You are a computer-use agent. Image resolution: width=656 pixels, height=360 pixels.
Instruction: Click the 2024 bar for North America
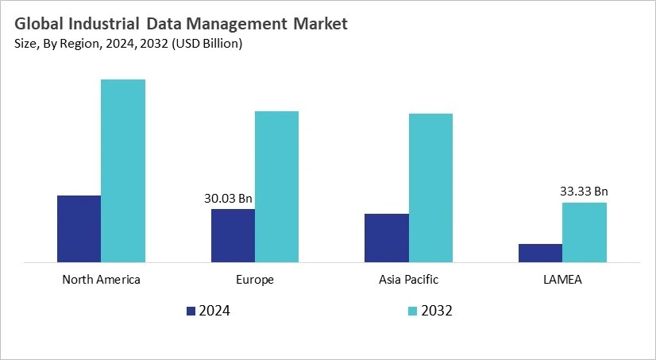[x=79, y=229]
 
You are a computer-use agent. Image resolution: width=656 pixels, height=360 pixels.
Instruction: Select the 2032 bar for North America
[x=123, y=171]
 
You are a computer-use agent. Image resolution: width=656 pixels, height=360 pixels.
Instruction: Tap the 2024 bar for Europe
[x=233, y=235]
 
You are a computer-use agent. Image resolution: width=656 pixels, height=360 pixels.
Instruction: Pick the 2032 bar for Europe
[x=276, y=187]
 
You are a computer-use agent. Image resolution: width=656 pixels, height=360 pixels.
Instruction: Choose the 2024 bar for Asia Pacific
[x=386, y=238]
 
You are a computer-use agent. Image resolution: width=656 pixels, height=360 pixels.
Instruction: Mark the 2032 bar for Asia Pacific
[x=430, y=188]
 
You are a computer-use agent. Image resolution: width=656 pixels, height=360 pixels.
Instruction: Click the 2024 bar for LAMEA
[x=540, y=253]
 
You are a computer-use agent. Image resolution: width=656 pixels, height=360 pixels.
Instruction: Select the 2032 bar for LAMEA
[x=585, y=232]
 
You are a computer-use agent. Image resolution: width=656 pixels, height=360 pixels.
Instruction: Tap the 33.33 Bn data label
[x=584, y=191]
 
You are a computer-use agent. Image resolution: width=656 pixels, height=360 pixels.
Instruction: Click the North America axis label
[x=101, y=280]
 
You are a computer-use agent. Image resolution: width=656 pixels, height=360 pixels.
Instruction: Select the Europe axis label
[x=254, y=280]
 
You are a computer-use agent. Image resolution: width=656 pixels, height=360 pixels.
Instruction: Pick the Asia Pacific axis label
[x=408, y=280]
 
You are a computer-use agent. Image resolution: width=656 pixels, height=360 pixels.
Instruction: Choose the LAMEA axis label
[x=562, y=280]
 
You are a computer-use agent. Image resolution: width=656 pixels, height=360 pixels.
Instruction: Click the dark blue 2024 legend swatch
[x=191, y=311]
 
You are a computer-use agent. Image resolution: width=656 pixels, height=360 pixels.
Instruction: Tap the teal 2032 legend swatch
[x=413, y=311]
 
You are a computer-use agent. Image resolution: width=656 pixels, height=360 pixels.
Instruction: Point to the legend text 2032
[x=438, y=311]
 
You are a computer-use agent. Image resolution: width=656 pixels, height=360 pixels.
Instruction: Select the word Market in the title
[x=316, y=25]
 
